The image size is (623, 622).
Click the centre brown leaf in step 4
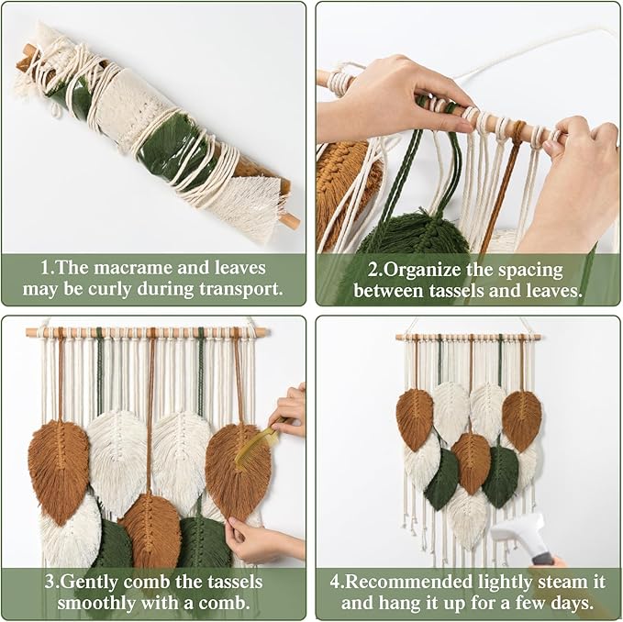point(471,461)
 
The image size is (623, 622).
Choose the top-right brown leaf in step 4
point(521,419)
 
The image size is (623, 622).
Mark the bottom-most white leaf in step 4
point(468,516)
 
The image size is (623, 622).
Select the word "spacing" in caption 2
point(545,269)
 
